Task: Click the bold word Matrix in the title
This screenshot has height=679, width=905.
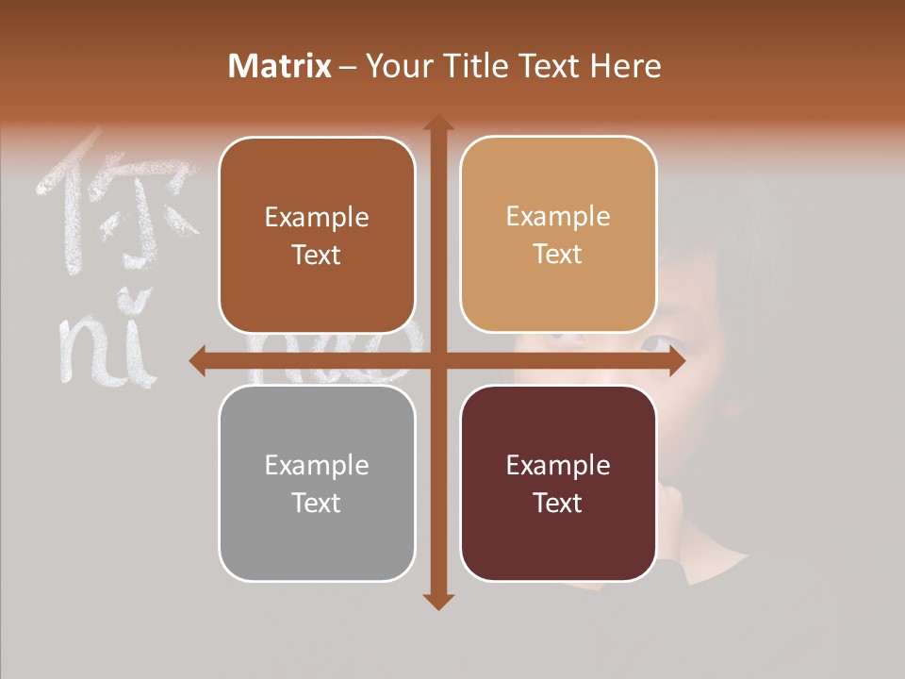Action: click(280, 66)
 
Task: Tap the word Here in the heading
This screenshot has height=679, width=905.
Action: click(625, 66)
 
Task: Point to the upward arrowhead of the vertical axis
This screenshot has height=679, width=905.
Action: click(437, 124)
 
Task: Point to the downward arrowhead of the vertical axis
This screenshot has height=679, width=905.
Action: click(437, 601)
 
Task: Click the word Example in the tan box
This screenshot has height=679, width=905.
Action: click(558, 217)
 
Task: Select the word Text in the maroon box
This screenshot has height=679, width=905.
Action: click(558, 503)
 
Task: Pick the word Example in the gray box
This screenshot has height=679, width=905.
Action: click(317, 465)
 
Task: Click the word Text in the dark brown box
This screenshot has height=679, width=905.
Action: click(317, 256)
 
